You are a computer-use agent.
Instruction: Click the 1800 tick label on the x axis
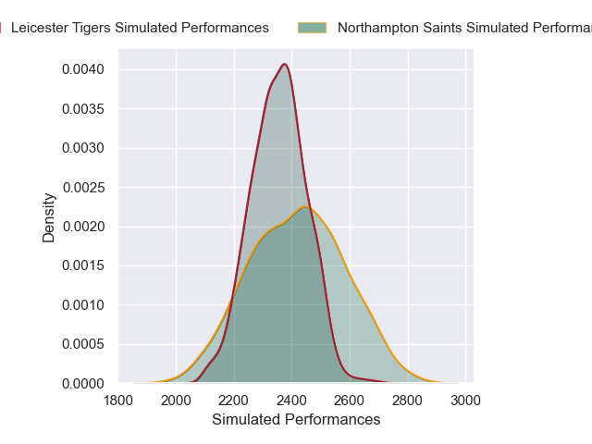(118, 401)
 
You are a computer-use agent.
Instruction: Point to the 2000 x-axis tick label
(177, 401)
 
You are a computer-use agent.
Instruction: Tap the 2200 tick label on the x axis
(234, 401)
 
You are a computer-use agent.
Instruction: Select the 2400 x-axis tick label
(292, 401)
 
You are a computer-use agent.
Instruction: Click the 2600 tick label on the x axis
(350, 401)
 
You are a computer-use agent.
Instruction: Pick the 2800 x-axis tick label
(408, 401)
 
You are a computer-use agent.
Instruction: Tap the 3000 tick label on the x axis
(465, 401)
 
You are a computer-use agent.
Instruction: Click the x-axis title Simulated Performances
(296, 420)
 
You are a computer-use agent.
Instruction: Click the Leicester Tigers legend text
(140, 28)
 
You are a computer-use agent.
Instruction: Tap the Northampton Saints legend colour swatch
(312, 28)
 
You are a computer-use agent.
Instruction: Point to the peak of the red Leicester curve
(285, 64)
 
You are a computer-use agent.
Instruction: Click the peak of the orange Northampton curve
(306, 206)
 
